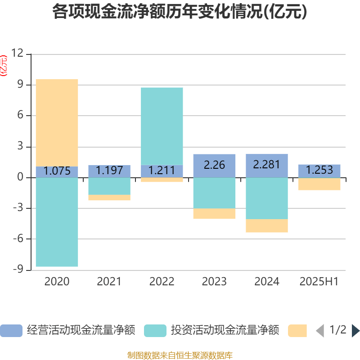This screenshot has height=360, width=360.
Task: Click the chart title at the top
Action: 180,12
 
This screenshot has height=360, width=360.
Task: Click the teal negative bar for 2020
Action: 57,222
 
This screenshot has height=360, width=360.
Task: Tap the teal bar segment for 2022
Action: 162,126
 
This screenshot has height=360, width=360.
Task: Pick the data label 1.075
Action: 57,171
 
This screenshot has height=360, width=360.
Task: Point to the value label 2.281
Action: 266,165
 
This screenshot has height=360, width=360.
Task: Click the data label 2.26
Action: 214,165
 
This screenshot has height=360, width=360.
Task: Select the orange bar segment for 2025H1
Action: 319,184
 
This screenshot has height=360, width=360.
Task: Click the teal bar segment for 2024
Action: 267,198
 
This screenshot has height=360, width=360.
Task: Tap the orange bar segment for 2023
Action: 215,214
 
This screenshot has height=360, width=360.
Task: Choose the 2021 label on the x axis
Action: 109,282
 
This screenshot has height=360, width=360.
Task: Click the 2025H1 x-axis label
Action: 319,282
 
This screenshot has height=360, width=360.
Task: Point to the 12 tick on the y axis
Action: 17,54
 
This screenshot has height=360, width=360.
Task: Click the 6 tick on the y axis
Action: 20,116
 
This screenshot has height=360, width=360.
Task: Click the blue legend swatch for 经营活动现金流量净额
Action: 11,331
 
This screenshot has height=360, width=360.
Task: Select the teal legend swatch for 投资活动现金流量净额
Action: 155,331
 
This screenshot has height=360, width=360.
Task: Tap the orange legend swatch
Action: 297,331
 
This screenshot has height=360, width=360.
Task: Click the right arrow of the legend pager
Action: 355,331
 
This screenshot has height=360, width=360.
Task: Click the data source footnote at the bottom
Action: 180,355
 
